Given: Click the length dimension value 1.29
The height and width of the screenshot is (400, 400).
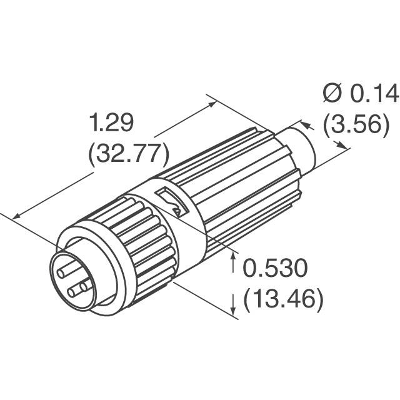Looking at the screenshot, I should pos(112,124).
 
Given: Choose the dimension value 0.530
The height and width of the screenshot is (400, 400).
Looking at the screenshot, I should pos(276,270).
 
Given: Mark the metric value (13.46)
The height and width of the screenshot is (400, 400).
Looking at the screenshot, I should pos(283,299).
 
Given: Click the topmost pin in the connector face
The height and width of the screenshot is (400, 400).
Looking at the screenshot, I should pos(65,269).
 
